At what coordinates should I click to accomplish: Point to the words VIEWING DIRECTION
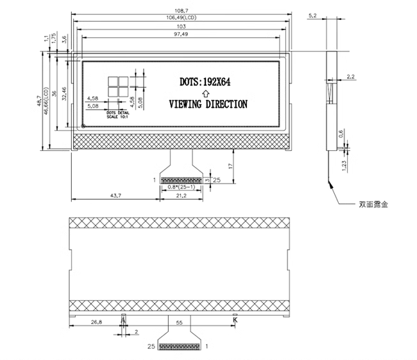(x=207, y=104)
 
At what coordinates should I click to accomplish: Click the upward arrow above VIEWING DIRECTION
(x=204, y=93)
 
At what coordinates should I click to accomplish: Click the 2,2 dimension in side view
(x=350, y=77)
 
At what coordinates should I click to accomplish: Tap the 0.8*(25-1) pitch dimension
(x=181, y=186)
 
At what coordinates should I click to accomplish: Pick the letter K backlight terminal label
(x=235, y=319)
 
